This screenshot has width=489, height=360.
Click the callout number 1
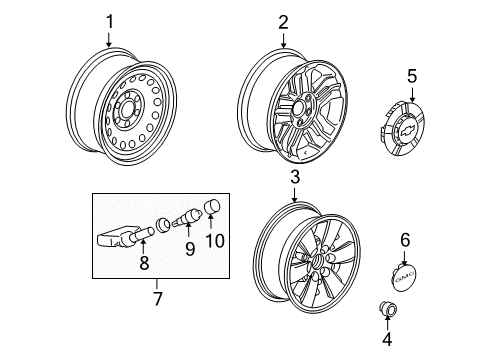click(x=110, y=22)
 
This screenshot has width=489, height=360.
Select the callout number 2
click(x=283, y=22)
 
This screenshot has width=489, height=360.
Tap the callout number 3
click(x=295, y=177)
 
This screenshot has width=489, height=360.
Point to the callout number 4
click(x=387, y=339)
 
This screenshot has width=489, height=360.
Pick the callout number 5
click(x=412, y=76)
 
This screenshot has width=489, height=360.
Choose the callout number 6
click(x=405, y=240)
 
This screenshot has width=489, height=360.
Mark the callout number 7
click(x=157, y=298)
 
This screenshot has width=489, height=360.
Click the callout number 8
click(x=144, y=263)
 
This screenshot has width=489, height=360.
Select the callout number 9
click(x=190, y=249)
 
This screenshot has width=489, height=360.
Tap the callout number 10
click(x=215, y=241)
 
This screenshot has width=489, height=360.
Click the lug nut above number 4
click(x=388, y=309)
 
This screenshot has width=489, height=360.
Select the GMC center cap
click(x=404, y=276)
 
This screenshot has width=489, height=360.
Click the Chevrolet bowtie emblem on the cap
click(x=406, y=130)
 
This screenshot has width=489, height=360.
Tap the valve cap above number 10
click(x=212, y=205)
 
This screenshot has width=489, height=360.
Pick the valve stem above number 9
click(x=187, y=218)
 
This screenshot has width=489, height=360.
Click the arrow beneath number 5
click(x=412, y=94)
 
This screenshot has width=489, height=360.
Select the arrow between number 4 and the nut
click(x=387, y=323)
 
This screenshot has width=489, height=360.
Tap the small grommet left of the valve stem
click(x=163, y=224)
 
